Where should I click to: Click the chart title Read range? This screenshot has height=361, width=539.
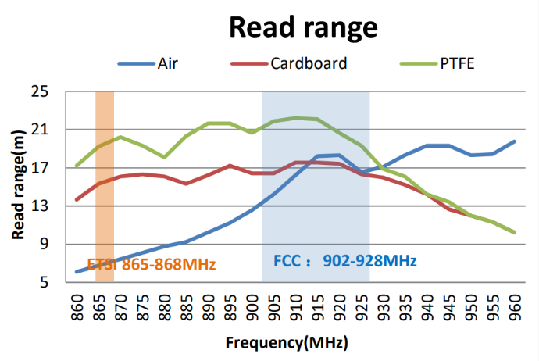[x=303, y=27]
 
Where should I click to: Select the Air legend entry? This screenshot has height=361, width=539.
[x=167, y=63]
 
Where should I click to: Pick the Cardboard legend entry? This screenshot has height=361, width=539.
[x=308, y=63]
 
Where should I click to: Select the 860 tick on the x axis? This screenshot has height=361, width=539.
[x=77, y=307]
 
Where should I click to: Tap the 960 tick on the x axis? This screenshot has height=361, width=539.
[x=515, y=307]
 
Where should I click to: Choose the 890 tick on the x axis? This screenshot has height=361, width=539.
[x=208, y=307]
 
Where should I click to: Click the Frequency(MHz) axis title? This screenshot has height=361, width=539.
[x=287, y=343]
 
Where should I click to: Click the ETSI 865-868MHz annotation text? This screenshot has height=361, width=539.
[x=151, y=264]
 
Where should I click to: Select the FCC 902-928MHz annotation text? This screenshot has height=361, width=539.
[x=344, y=261]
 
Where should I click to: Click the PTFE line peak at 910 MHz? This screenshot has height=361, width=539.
[x=296, y=118]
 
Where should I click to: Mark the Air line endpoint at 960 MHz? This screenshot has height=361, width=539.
[x=515, y=141]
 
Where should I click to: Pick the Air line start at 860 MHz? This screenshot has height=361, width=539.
[x=77, y=272]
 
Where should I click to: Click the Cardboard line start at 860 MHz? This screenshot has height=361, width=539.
[x=77, y=200]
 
